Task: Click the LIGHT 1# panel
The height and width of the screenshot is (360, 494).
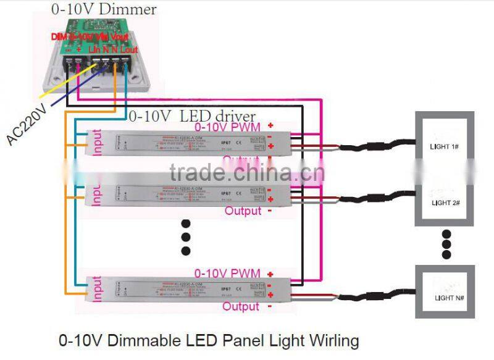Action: (x=445, y=147)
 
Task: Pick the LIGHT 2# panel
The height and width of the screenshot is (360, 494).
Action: (x=445, y=201)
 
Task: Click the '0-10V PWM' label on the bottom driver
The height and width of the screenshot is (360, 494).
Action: (x=227, y=273)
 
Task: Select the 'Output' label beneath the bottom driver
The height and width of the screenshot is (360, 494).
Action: (x=241, y=306)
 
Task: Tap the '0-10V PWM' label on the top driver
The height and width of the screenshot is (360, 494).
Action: (x=227, y=127)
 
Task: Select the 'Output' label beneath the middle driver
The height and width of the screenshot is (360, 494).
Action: (x=243, y=211)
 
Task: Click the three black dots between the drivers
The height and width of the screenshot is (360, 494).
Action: (x=186, y=237)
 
